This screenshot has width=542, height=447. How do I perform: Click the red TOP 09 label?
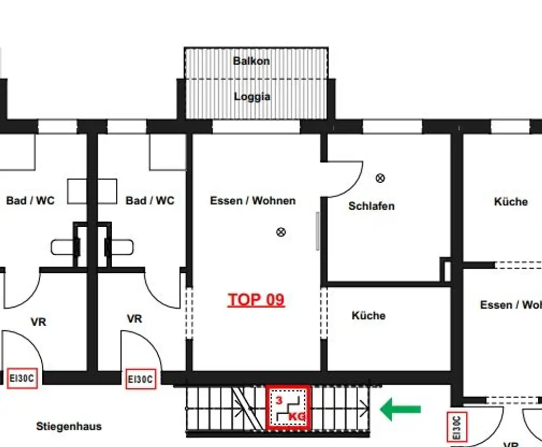click(x=256, y=300)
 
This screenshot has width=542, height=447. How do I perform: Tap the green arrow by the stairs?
click(x=401, y=409)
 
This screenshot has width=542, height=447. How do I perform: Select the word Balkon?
click(x=251, y=61)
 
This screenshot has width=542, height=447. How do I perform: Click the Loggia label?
click(x=252, y=97)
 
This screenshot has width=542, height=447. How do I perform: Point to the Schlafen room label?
click(x=371, y=206)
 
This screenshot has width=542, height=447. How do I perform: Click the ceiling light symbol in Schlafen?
click(x=380, y=178)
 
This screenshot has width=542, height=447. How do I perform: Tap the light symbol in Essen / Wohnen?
click(x=281, y=231)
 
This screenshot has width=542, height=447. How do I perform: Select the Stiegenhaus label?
click(x=69, y=426)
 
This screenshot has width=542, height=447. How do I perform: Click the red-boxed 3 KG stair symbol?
click(x=288, y=407)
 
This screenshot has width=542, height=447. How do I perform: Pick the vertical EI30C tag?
click(x=456, y=427)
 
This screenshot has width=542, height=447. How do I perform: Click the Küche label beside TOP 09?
click(x=368, y=316)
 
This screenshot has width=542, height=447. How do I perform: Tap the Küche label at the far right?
click(x=511, y=202)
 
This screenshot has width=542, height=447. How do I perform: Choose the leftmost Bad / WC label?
click(x=30, y=201)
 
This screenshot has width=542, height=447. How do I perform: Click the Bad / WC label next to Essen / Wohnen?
click(x=150, y=201)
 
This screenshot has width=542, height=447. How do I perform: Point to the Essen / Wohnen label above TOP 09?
click(x=252, y=201)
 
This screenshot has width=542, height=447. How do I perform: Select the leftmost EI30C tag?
click(x=22, y=379)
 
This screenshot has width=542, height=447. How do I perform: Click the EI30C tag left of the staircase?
click(x=141, y=379)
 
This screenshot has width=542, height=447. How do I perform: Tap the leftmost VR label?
click(x=38, y=322)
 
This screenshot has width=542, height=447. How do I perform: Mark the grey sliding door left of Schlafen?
click(x=318, y=231)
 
